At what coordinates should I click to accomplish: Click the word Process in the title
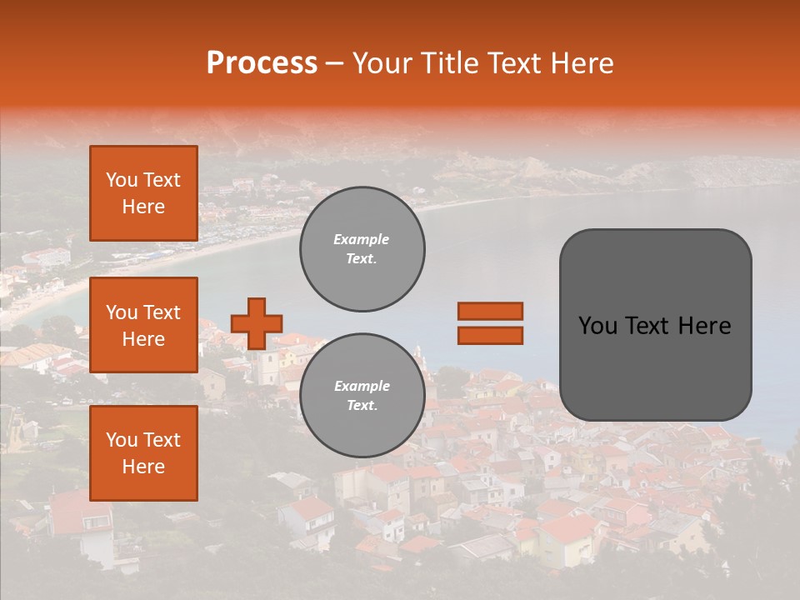coord(262,63)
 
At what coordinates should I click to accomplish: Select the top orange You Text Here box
coord(143,193)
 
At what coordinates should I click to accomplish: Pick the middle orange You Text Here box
coord(143,325)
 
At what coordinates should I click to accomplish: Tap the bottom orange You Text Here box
coord(143,453)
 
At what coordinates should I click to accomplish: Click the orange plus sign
coord(257,323)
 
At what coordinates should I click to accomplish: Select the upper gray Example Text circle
coord(362,249)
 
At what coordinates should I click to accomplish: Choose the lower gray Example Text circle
coord(362,396)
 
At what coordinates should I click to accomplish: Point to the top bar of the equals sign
coord(490,312)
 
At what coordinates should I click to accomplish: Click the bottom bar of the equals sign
coord(490,335)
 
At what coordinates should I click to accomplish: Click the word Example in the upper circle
coord(362,239)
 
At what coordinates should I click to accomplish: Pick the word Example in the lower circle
coord(362,386)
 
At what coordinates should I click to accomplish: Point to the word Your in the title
coord(382,63)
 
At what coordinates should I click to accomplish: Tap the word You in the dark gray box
coord(598,326)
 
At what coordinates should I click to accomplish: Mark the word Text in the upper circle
coord(362,259)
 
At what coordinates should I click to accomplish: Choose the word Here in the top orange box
coord(143,207)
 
